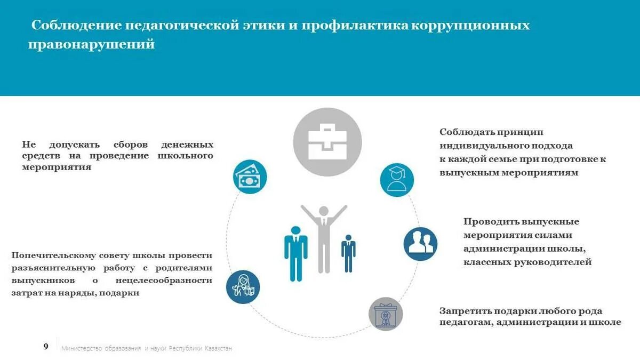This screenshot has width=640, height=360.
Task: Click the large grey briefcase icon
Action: point(327,142)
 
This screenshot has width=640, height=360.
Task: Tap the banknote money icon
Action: point(250,177)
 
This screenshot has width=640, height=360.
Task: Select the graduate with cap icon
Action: point(397,180)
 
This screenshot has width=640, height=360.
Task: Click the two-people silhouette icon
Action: point(420,244)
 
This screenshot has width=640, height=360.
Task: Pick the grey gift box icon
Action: point(385,314)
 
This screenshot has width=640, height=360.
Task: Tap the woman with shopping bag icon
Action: point(243,287)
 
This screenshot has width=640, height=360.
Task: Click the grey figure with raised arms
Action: point(324,235)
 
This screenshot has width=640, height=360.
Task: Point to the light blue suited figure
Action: point(295,252)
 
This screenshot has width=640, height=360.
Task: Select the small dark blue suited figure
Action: point(348,252)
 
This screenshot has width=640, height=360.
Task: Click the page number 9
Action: point(46,347)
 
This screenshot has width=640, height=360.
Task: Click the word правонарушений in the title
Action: point(91,45)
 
